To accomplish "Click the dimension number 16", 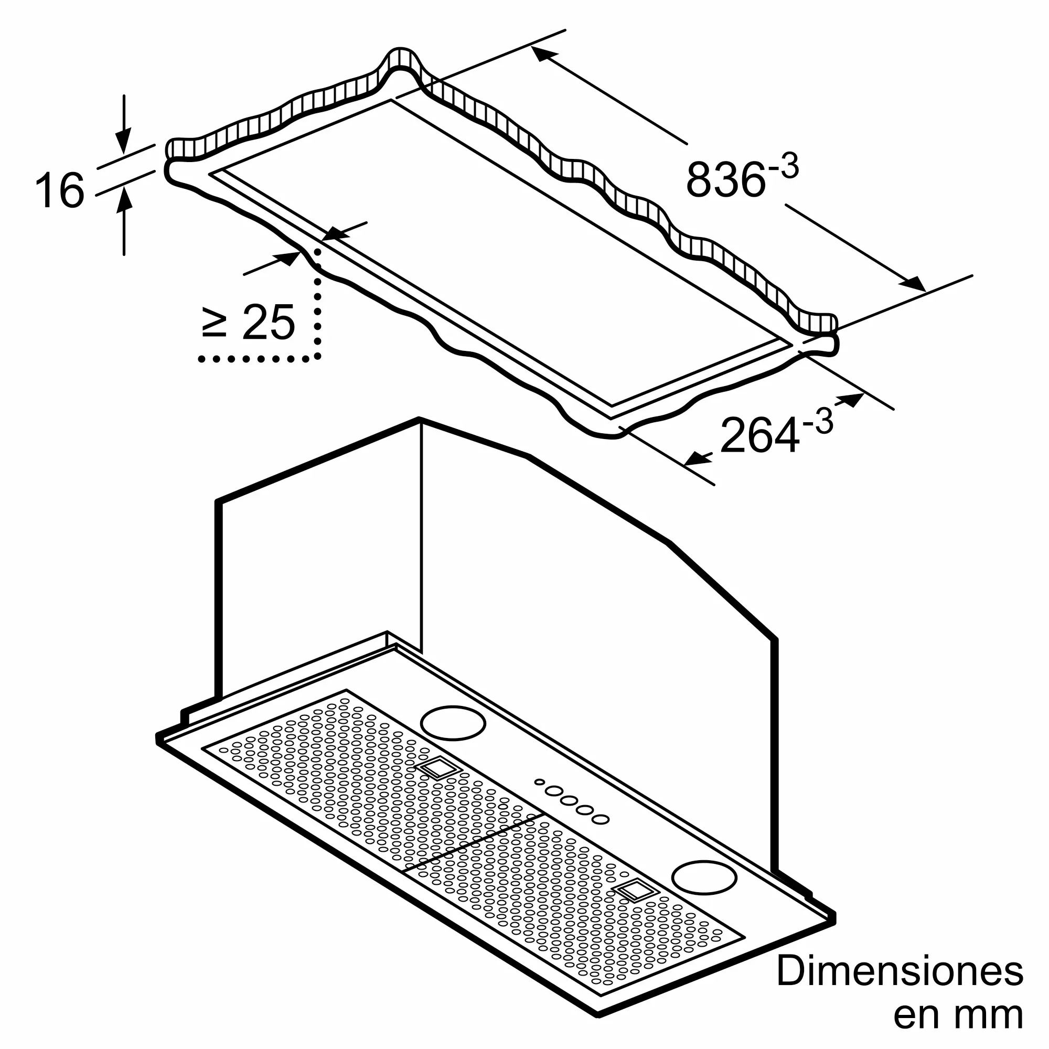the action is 60,190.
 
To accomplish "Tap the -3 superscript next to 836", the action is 784,166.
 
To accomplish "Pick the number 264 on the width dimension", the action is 759,434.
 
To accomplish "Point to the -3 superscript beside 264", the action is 818,421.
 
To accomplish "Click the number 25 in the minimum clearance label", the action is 268,322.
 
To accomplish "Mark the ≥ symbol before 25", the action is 214,323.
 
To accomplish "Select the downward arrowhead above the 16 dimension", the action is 124,140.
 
